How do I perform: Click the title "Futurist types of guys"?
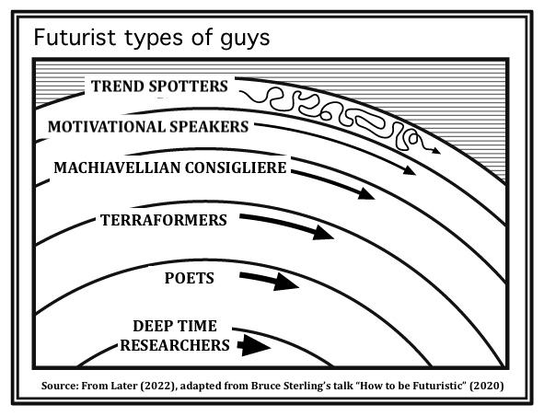[x=152, y=38]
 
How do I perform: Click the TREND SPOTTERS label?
[x=159, y=86]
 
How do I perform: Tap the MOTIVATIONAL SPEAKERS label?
[x=148, y=127]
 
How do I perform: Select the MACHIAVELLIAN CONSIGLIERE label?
[x=170, y=168]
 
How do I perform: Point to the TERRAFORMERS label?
[x=164, y=220]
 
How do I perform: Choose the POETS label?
[x=189, y=278]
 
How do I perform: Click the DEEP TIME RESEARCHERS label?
[x=175, y=336]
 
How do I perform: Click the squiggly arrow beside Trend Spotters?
[x=340, y=118]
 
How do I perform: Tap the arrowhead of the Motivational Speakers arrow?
[x=410, y=170]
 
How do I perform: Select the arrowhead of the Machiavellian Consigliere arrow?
[x=366, y=194]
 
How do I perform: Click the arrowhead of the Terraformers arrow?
[x=323, y=233]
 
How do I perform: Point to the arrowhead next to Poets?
[x=286, y=283]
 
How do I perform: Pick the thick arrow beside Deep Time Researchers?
[x=254, y=345]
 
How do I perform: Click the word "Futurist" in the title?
[x=75, y=37]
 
